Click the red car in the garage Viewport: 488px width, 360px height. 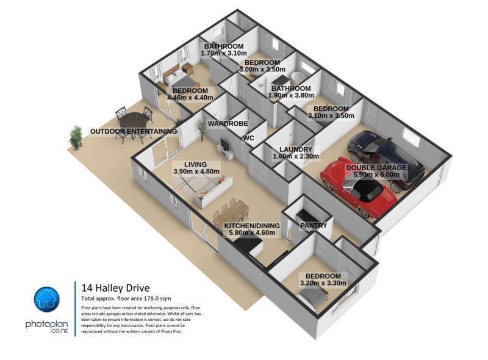coord(358,187)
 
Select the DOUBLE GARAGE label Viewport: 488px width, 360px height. coord(376,168)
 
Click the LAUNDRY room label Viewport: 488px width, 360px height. coord(296,149)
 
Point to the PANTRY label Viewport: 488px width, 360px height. coord(314,225)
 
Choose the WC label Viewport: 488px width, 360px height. coord(249,138)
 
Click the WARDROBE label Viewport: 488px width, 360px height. coord(228,123)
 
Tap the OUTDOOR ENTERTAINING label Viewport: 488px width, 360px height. coord(134,131)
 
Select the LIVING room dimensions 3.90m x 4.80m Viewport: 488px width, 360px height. coord(196,171)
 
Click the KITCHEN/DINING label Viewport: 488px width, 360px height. coord(252,226)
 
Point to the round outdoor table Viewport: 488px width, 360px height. coord(134,120)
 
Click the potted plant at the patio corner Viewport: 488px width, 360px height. coord(76,137)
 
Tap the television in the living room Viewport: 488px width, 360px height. coord(224,143)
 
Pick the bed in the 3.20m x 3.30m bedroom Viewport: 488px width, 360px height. coord(314,297)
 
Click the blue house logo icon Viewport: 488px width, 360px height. coord(47,299)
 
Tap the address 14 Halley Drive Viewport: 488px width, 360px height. coord(115,288)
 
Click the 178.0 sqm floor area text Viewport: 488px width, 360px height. coord(157,298)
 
